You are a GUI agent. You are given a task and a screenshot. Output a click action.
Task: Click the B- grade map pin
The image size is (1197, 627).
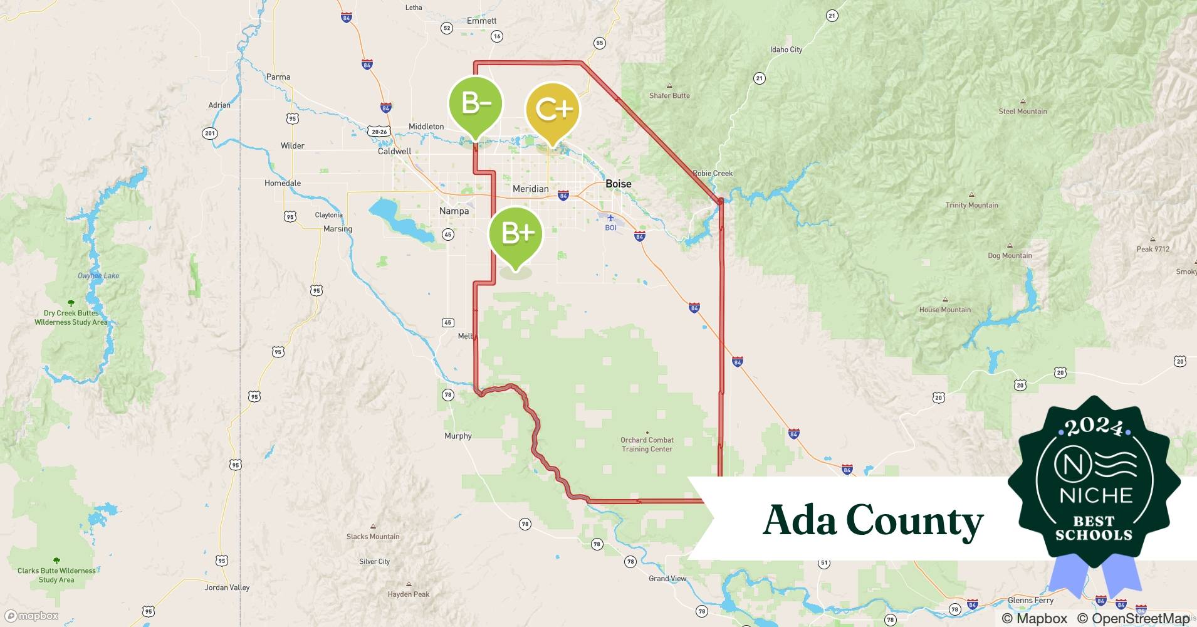pyautogui.click(x=476, y=103)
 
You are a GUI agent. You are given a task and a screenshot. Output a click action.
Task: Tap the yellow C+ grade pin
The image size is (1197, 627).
pyautogui.click(x=552, y=110)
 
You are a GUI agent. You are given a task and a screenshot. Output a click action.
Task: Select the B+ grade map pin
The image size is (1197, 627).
pyautogui.click(x=516, y=234)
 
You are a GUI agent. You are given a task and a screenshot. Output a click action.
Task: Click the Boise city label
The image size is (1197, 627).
pyautogui.click(x=618, y=184)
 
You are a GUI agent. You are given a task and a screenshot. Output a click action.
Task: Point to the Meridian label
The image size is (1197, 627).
pyautogui.click(x=530, y=189)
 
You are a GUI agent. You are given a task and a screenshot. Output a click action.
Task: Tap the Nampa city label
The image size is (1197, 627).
pyautogui.click(x=454, y=211)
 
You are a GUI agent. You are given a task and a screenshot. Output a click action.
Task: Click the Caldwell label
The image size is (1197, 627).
pyautogui.click(x=394, y=151)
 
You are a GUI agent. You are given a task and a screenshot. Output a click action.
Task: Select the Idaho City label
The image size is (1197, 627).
pyautogui.click(x=786, y=50)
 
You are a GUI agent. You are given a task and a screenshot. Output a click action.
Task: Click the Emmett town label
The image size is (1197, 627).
pyautogui.click(x=481, y=21)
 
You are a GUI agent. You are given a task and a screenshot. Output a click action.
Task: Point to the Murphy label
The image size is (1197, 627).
pyautogui.click(x=457, y=436)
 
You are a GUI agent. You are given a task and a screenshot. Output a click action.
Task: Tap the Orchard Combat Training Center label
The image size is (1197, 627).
pyautogui.click(x=647, y=445)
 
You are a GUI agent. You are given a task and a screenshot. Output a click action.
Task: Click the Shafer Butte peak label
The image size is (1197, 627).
pyautogui.click(x=669, y=95)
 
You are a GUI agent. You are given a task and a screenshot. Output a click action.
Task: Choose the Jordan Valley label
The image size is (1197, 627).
pyautogui.click(x=227, y=587)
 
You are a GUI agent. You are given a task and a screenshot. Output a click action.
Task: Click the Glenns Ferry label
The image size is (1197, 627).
pyautogui.click(x=1030, y=600)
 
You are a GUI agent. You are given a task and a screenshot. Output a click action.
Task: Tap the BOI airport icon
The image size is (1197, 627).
pyautogui.click(x=610, y=219)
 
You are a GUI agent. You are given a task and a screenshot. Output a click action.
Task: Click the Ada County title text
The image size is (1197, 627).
pyautogui.click(x=872, y=521)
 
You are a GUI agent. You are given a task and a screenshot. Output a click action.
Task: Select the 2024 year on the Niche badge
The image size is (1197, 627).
pyautogui.click(x=1094, y=427)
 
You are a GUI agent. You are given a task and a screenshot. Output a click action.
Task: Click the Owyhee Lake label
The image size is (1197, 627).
pyautogui.click(x=98, y=275)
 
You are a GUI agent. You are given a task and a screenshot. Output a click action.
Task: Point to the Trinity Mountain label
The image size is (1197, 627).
pyautogui.click(x=971, y=205)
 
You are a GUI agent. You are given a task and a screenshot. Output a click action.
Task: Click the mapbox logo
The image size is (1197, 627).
pyautogui.click(x=32, y=616)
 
